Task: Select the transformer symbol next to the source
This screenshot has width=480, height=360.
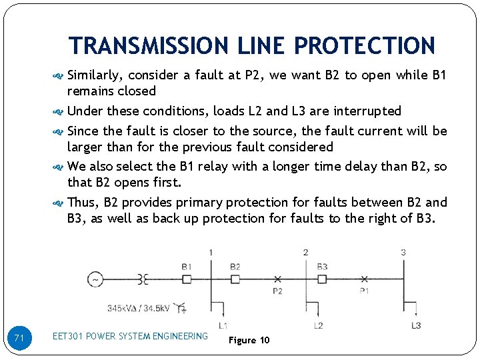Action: click(142, 279)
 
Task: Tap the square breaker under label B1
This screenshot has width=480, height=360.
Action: click(187, 279)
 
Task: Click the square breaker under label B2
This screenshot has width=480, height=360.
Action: click(235, 279)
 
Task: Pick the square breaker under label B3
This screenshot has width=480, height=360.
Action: click(322, 279)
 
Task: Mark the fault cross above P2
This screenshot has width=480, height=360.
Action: click(277, 279)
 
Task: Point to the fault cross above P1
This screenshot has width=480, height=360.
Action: click(364, 279)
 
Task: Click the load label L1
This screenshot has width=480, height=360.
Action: click(223, 325)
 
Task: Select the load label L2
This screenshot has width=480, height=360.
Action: click(318, 325)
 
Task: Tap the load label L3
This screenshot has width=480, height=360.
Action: click(415, 325)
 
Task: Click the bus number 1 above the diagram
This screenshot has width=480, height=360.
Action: click(211, 252)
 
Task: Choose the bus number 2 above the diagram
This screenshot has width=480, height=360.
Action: click(305, 252)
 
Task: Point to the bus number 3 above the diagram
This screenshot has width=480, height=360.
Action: click(403, 252)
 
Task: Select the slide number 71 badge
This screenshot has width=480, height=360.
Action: click(19, 339)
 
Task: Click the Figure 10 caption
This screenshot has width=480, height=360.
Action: click(249, 340)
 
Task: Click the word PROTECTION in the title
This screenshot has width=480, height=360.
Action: click(364, 46)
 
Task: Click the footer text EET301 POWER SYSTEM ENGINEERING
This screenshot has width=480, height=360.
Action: click(130, 336)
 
